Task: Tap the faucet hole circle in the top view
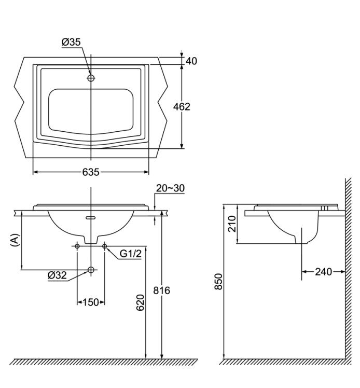(91, 78)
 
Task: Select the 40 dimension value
(191, 61)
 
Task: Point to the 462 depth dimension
(182, 107)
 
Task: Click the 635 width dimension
(90, 173)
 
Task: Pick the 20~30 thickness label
(170, 189)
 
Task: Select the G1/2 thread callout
(131, 254)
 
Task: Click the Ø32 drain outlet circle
(91, 270)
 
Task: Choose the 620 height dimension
(140, 306)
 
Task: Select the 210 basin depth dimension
(232, 224)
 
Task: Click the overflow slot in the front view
(91, 218)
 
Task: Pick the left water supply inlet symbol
(77, 245)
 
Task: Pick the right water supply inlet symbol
(105, 245)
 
